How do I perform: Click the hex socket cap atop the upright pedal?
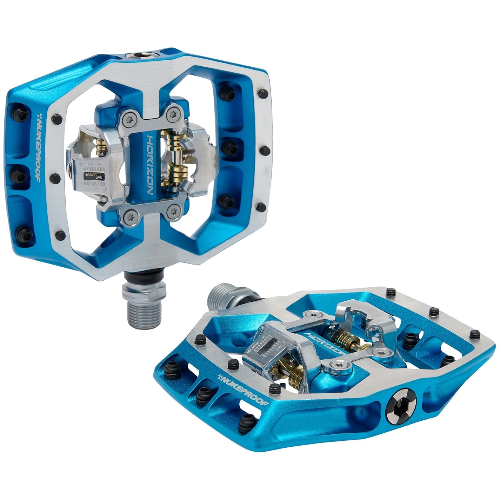point(144,55)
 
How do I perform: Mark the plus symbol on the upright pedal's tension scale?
point(81,164)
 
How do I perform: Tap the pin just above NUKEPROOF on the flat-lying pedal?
point(233,364)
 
